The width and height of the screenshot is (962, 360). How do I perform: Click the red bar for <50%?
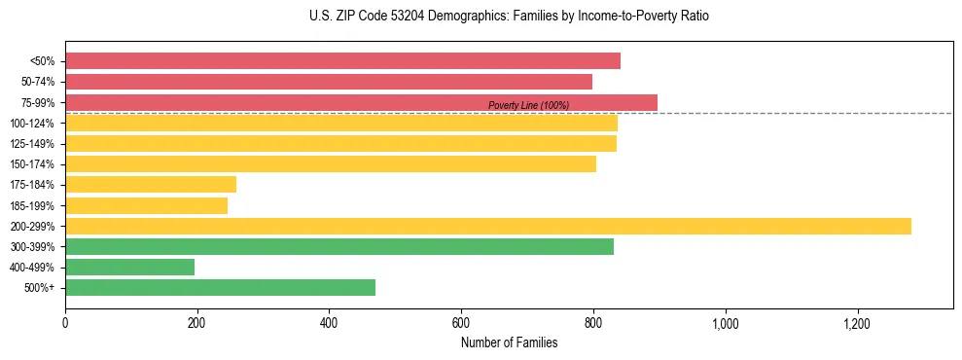342,61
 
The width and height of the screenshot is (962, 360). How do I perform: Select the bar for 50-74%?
329,82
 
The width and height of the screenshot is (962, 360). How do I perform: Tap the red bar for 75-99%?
361,102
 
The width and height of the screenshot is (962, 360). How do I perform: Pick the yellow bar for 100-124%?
341,123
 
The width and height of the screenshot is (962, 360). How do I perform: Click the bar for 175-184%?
151,185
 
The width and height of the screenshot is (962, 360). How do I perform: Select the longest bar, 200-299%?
488,226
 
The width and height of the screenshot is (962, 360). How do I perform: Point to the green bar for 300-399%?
339,246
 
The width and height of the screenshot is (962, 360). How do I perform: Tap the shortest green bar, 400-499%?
129,267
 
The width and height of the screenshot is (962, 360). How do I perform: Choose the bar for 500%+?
220,287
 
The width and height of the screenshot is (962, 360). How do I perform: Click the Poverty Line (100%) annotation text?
528,105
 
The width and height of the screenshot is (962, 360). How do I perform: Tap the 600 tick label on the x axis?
461,322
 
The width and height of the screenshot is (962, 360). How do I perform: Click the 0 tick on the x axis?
65,322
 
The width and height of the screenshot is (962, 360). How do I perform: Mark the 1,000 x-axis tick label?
725,322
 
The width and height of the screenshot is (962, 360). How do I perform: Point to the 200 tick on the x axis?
197,322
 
